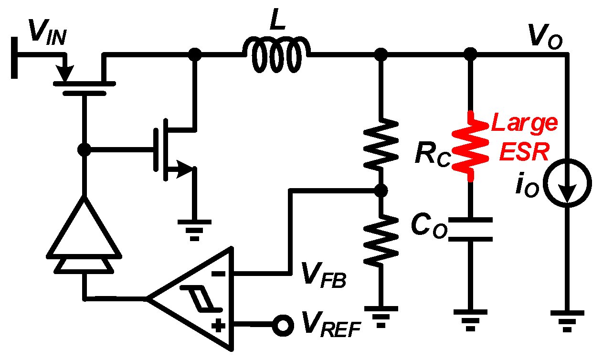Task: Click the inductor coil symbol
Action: tap(277, 55)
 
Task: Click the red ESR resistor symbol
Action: tap(471, 146)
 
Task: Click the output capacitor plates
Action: tap(471, 229)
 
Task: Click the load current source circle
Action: tap(567, 184)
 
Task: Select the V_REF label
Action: tap(329, 326)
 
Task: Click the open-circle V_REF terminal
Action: tap(282, 325)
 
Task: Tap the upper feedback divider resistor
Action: tap(381, 143)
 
